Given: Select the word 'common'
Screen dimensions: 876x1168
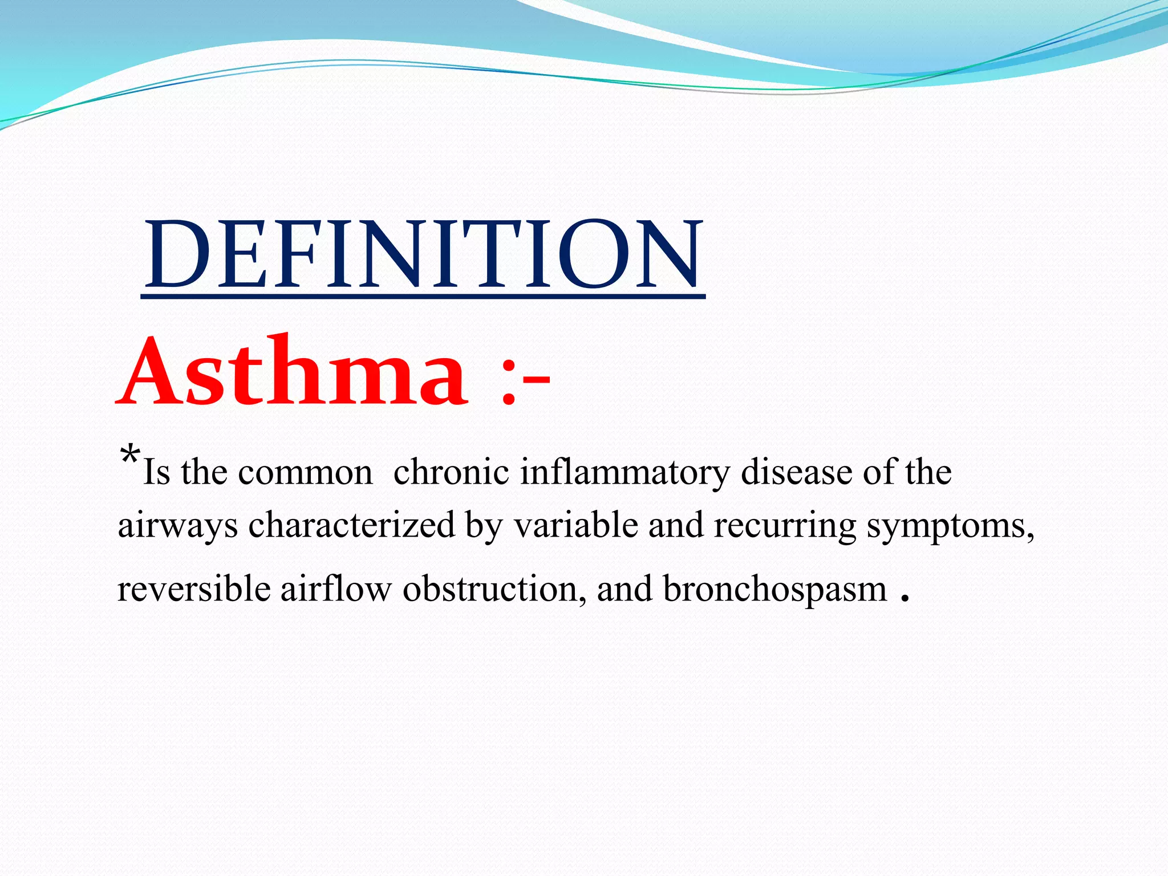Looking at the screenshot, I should tap(305, 473).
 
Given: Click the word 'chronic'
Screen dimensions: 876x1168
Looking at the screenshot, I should tap(451, 472).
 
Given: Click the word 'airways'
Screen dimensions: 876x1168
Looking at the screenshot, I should tap(177, 526).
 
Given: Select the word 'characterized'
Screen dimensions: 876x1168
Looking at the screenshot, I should tap(351, 525).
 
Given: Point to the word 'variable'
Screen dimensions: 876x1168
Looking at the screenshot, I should tap(575, 525).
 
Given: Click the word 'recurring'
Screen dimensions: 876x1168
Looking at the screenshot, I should tap(784, 526).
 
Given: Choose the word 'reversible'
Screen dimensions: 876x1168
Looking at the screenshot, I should tap(193, 589).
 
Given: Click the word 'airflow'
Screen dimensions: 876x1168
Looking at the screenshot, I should tap(335, 589).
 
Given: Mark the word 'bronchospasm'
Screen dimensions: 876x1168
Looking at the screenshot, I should tap(774, 590).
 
